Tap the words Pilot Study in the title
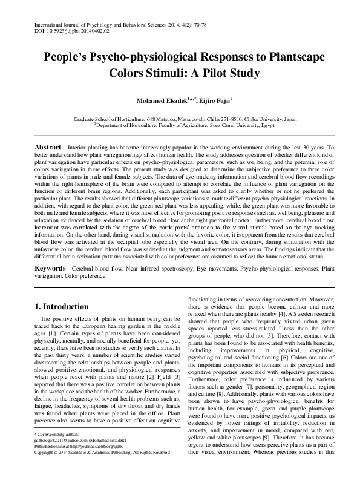(x=229, y=74)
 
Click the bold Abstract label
(x=47, y=147)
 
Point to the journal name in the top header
(x=100, y=21)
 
